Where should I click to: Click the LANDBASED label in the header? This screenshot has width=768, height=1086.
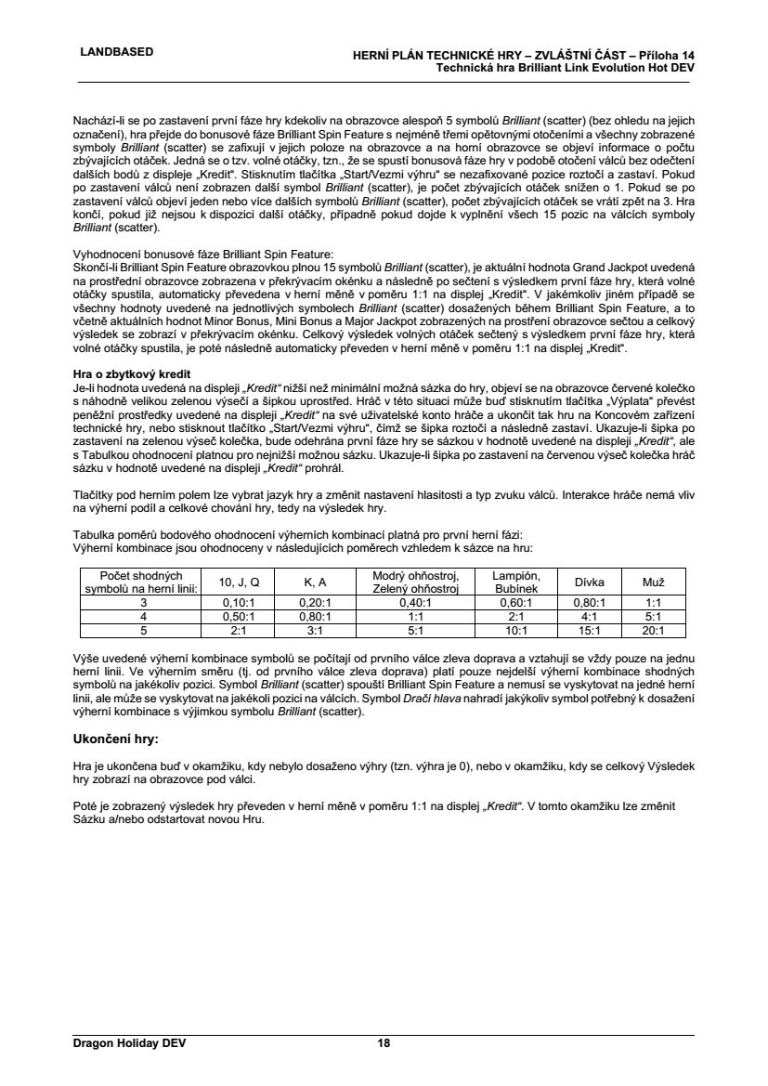click(x=117, y=51)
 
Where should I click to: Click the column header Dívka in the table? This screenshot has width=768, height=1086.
click(x=590, y=582)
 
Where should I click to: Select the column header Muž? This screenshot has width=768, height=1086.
click(x=654, y=582)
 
